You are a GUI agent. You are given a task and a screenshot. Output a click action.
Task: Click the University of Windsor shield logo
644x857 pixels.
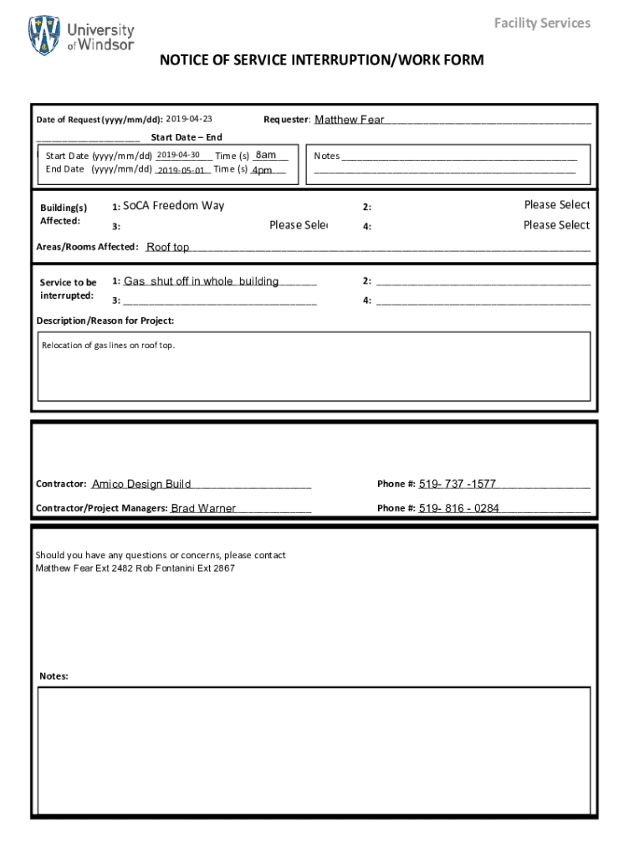point(44,36)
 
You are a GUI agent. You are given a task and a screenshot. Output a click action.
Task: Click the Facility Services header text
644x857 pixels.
point(542,23)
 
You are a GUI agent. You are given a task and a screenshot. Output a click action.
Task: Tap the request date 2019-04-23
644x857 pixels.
point(189,120)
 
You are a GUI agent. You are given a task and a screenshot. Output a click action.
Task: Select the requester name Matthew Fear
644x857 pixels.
point(349,120)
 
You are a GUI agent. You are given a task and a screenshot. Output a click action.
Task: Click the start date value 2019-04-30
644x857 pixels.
point(177,156)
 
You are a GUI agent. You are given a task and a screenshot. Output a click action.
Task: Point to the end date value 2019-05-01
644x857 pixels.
point(181,170)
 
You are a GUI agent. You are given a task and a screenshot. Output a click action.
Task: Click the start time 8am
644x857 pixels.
point(266,156)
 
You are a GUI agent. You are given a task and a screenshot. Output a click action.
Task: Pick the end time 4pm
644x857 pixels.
point(262,170)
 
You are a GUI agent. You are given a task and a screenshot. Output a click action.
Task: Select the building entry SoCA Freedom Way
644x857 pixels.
point(173,206)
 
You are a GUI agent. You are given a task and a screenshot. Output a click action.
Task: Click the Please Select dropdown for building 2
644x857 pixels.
point(556,205)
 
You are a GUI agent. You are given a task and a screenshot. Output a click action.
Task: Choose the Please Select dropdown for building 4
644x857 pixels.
point(556,225)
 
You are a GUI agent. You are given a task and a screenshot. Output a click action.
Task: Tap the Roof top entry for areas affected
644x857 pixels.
point(168,247)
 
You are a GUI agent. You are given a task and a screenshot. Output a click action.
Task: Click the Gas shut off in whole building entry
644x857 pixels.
point(201,281)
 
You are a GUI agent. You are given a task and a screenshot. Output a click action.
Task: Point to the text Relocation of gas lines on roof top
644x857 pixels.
point(109,345)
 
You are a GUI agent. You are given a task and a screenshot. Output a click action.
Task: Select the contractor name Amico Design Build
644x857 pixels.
point(141,484)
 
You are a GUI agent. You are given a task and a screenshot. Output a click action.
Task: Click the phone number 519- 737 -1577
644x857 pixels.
point(457,484)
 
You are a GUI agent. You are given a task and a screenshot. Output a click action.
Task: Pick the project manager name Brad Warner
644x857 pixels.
point(203,508)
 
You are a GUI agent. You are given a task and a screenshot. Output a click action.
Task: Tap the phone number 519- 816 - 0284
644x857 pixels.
point(459,508)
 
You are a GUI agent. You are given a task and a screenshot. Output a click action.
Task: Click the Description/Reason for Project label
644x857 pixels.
point(105,321)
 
